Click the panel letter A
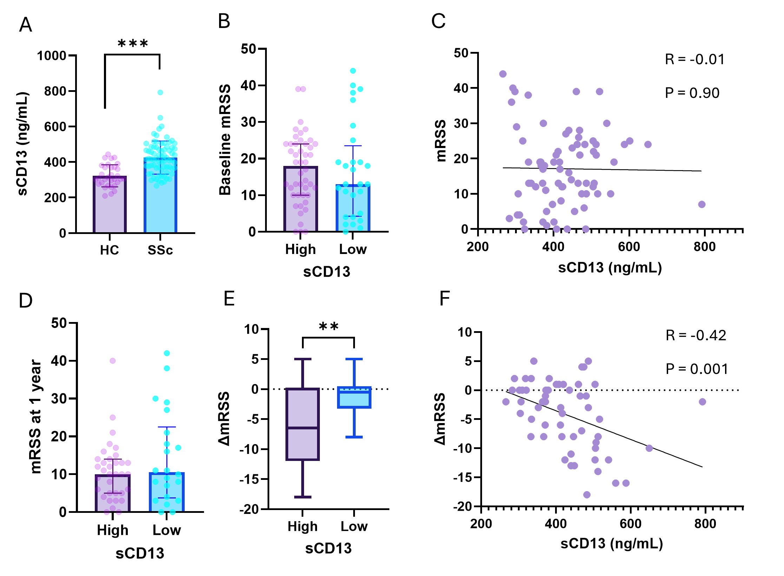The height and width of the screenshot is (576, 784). [x=25, y=25]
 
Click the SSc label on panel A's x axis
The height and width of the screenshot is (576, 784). [x=160, y=250]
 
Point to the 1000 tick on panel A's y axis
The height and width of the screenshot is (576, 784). [x=52, y=56]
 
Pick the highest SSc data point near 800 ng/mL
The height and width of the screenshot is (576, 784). [x=160, y=93]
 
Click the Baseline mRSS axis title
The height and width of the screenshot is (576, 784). [x=225, y=140]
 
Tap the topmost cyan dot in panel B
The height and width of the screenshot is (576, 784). [x=353, y=71]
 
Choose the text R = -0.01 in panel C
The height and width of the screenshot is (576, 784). [x=694, y=59]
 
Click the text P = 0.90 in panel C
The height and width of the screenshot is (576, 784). [x=692, y=93]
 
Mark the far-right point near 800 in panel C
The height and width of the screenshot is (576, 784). [x=701, y=205]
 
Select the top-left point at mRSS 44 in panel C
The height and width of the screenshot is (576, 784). [x=503, y=74]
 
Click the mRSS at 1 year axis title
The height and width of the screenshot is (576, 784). [x=36, y=416]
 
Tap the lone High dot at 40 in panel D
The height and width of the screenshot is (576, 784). [x=112, y=361]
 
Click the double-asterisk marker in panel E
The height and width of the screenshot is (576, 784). [x=329, y=327]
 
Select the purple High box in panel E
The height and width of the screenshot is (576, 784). [x=303, y=424]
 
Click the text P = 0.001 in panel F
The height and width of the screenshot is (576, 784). [x=697, y=369]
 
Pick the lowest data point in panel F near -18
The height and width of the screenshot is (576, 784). [x=587, y=495]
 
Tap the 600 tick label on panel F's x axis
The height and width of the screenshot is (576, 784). [x=631, y=524]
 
